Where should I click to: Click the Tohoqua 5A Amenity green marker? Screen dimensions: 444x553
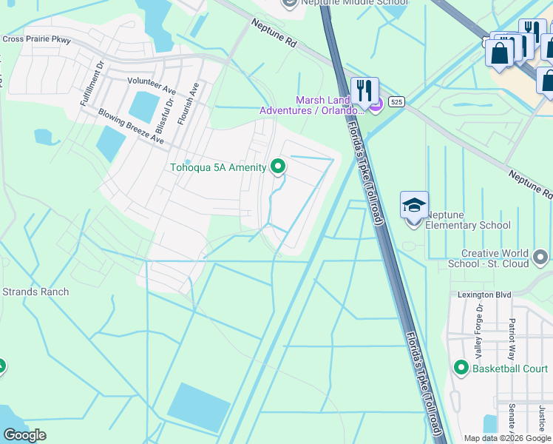click(x=278, y=166)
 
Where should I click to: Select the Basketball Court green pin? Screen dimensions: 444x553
click(x=461, y=368)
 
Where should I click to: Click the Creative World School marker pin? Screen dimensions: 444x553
click(x=540, y=258)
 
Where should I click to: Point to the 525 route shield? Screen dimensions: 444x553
click(x=397, y=101)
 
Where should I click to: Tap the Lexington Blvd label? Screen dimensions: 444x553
click(x=484, y=295)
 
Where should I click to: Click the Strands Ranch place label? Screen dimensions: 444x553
click(x=35, y=292)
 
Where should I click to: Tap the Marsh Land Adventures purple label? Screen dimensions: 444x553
click(x=330, y=105)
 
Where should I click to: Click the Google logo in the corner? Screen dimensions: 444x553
click(x=24, y=434)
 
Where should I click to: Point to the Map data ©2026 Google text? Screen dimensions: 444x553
click(x=507, y=438)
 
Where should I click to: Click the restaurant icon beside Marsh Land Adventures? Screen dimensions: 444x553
click(x=364, y=90)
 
